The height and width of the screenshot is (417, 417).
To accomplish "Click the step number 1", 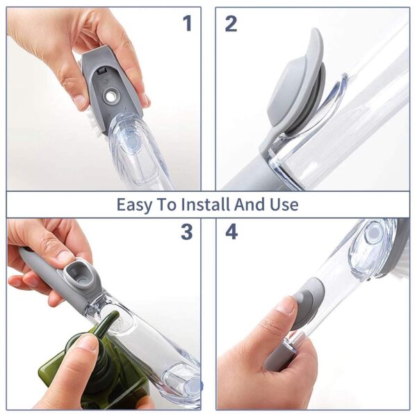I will click(x=187, y=24).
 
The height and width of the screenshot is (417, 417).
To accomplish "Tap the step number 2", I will click(x=231, y=24).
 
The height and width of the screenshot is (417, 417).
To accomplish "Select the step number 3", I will click(x=187, y=232).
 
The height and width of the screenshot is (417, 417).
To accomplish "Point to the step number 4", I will click(x=231, y=232).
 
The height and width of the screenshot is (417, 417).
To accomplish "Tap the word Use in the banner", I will click(x=285, y=204).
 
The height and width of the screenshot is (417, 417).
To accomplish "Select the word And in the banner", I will click(x=251, y=204).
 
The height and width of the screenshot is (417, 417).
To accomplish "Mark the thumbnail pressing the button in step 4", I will click(x=286, y=306).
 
